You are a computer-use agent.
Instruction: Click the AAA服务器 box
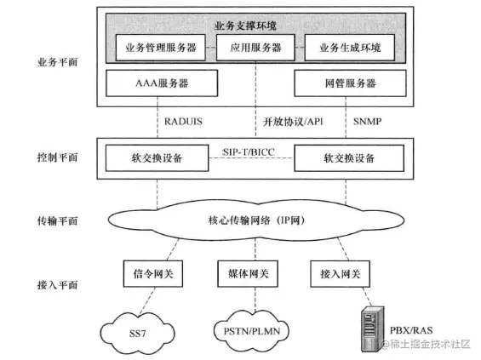point(156,86)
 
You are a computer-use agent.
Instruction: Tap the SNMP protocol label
point(368,121)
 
